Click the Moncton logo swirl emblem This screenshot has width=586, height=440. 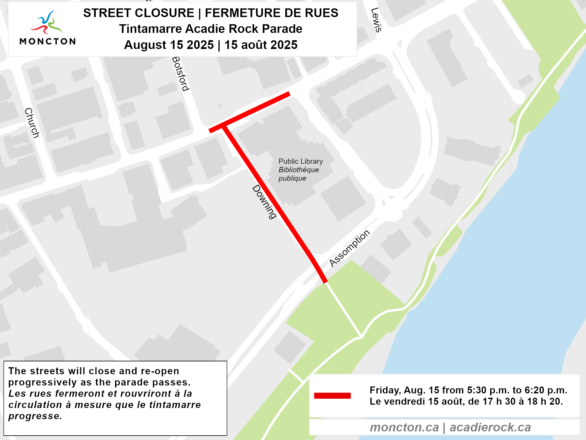(x=47, y=22)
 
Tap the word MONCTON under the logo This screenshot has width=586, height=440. (x=48, y=41)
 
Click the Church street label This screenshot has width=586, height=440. (x=32, y=123)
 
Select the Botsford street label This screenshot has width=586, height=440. (x=181, y=74)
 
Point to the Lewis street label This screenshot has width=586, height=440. (x=376, y=20)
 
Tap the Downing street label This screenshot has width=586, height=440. (x=264, y=202)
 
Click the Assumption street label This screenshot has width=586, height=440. (x=350, y=248)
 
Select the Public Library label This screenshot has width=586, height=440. (x=300, y=161)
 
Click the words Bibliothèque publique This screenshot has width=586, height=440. (x=298, y=174)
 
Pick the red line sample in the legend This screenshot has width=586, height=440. (x=332, y=396)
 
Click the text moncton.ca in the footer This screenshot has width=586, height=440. (x=404, y=427)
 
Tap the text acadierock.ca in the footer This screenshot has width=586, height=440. (x=490, y=427)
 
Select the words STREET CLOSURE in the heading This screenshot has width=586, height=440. (x=139, y=13)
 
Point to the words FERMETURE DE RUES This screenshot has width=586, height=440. (x=271, y=13)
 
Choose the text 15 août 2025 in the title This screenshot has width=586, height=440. (x=261, y=45)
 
